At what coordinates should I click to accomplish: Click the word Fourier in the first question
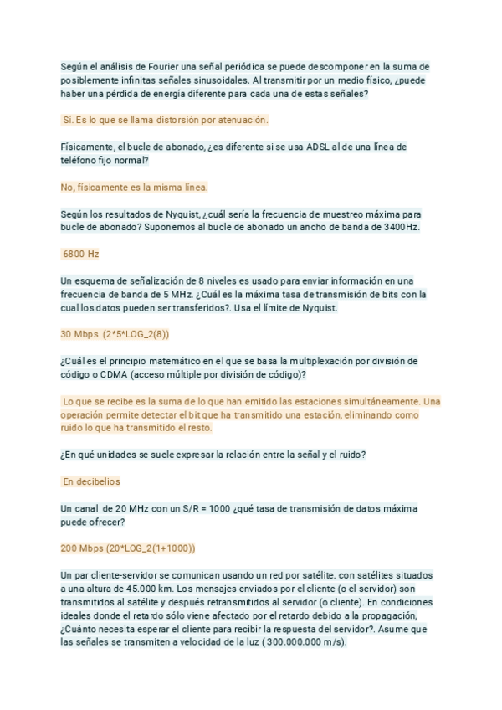coord(149,66)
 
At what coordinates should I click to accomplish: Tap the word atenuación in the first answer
coord(238,121)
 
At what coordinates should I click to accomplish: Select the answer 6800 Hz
coord(81,254)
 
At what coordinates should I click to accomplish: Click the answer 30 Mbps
coord(79,335)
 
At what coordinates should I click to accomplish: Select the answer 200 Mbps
coord(82,549)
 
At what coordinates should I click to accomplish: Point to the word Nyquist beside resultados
coord(173,214)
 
